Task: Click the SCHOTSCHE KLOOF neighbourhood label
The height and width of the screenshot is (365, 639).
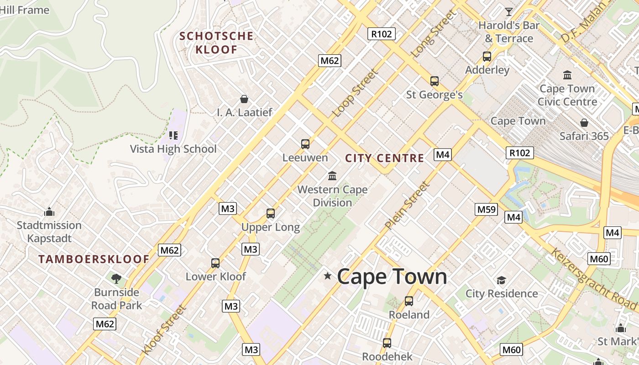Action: coord(216,42)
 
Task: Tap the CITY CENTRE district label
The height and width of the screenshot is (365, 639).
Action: coord(384,158)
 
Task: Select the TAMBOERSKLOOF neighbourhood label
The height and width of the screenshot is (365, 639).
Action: coord(94,259)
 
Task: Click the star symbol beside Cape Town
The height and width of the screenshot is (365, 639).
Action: coord(327,276)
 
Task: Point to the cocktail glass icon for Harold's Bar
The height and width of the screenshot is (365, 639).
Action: coord(509,11)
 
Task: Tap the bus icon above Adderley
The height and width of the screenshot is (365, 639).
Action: coord(487,57)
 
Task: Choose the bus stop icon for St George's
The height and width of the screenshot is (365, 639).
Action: coord(435,81)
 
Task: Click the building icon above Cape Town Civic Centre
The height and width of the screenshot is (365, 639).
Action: coord(567,75)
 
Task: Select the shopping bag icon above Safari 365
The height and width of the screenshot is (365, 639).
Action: coord(584,123)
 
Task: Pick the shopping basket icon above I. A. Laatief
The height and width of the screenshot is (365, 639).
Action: coord(244,99)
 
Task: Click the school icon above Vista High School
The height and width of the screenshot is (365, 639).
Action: coord(173,136)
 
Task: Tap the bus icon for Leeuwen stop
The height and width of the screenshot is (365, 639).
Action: coord(305,144)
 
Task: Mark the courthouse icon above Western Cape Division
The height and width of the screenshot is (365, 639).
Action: coord(332,176)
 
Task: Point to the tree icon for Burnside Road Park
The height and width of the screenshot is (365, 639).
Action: coord(116,278)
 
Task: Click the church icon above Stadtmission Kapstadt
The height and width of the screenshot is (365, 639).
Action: coord(49,212)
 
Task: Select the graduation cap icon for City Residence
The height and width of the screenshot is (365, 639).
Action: coord(502,280)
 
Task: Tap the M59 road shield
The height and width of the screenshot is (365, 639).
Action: coord(486,209)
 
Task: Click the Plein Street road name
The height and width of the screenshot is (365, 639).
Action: coord(407,205)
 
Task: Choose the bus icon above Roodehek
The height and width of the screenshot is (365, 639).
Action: coord(387,343)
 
